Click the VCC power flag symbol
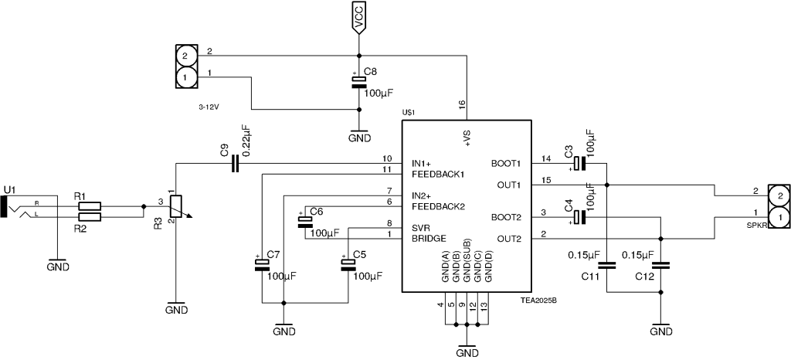tap(358, 19)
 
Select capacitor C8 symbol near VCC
tap(358, 83)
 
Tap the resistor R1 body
tap(90, 206)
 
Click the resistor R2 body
tap(90, 219)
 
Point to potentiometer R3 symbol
tap(177, 206)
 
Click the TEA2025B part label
tap(538, 301)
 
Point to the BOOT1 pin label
tap(506, 164)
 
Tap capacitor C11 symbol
tap(607, 265)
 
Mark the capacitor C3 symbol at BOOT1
tap(580, 164)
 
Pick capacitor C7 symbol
tap(262, 265)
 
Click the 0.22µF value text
tap(246, 141)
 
